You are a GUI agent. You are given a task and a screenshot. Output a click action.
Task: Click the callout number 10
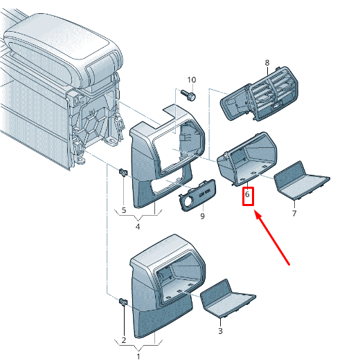[x=192, y=80]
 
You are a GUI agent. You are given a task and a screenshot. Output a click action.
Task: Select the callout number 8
[x=267, y=62]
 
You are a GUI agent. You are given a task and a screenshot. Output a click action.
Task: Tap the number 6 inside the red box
[x=247, y=194]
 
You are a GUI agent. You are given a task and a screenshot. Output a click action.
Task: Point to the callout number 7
[x=294, y=213]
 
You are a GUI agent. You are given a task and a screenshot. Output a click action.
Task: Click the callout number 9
[x=202, y=216]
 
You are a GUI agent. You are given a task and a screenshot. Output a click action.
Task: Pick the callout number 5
[x=124, y=210]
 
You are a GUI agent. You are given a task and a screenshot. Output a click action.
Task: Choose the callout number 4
[x=138, y=226]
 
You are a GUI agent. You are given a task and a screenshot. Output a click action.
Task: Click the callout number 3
[x=220, y=331]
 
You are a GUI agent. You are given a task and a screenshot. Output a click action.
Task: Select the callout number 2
[x=124, y=340]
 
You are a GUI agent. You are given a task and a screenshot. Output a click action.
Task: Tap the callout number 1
[x=138, y=356]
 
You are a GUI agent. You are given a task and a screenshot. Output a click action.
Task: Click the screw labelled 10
[x=188, y=95]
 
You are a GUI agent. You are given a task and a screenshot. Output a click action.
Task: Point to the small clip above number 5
[x=123, y=172]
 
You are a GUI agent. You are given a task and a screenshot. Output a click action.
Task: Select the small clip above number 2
[x=123, y=301]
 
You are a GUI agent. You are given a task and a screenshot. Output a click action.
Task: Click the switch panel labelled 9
[x=197, y=195]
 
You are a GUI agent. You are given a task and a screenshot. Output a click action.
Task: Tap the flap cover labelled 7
[x=301, y=180]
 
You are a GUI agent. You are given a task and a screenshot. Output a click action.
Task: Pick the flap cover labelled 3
[x=227, y=298]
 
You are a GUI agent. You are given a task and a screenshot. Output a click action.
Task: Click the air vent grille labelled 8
[x=260, y=94]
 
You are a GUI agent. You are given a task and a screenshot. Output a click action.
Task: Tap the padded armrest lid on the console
[x=62, y=48]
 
